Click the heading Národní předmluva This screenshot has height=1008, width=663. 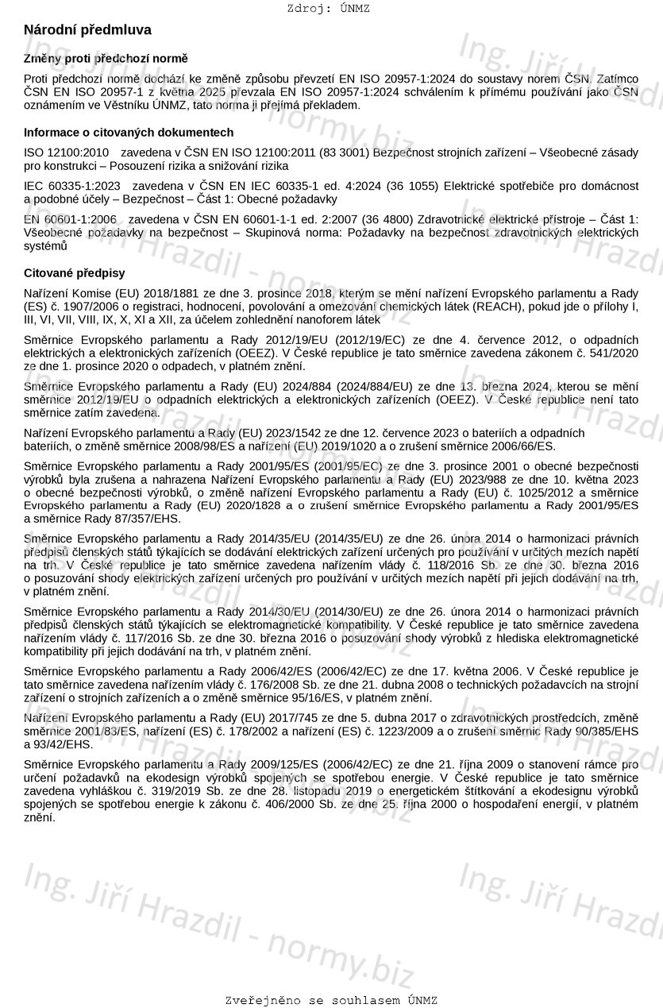click(87, 29)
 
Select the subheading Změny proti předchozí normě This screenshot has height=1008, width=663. click(106, 59)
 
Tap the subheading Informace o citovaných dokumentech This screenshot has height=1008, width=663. click(129, 133)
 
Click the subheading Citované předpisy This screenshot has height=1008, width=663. click(74, 273)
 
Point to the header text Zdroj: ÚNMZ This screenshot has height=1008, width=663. click(328, 9)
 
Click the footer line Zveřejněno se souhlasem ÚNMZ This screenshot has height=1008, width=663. click(331, 1000)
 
